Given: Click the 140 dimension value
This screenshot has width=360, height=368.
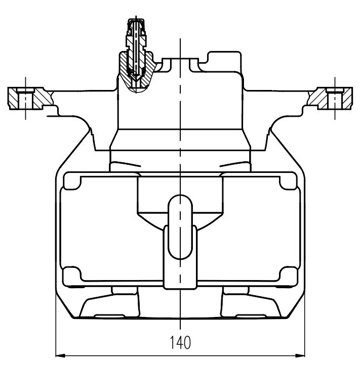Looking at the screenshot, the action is click(180, 342).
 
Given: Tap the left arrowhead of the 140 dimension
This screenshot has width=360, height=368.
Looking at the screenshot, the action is click(60, 355).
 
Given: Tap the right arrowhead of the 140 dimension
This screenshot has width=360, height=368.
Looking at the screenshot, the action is click(300, 355).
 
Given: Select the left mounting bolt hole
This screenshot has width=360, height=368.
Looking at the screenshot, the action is click(26, 99).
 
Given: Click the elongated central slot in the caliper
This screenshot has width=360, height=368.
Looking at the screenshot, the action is click(180, 227).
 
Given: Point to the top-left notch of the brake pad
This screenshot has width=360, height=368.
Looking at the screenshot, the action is click(72, 181).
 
